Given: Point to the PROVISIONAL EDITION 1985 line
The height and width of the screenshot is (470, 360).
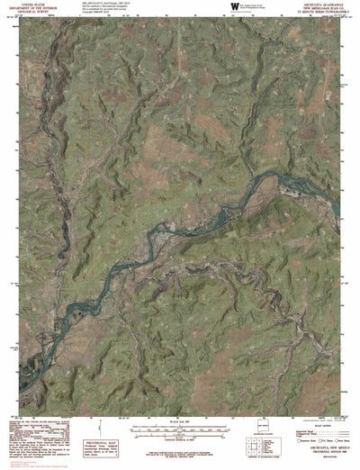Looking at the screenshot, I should coord(306,437).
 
